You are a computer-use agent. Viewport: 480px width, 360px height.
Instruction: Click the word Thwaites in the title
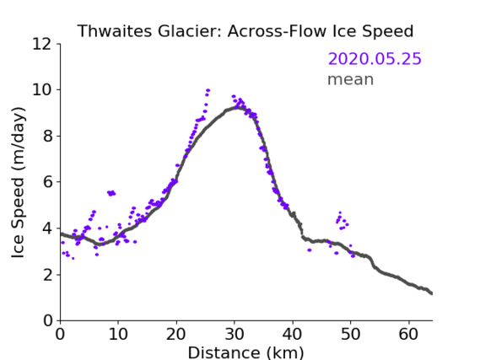[x=115, y=31]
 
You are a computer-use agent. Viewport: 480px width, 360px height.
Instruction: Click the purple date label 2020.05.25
[x=375, y=59]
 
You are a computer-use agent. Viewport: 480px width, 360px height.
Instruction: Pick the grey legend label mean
[x=351, y=79]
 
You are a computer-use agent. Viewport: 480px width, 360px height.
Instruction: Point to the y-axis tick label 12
[x=42, y=44]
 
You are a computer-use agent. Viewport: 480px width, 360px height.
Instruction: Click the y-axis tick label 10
[x=42, y=90]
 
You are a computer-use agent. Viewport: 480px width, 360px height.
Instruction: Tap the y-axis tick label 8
[x=47, y=136]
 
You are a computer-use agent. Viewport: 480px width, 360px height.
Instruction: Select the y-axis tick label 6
[x=47, y=182]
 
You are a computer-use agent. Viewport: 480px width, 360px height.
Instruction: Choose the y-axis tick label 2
[x=47, y=275]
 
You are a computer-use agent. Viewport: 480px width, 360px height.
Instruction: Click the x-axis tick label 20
[x=176, y=334]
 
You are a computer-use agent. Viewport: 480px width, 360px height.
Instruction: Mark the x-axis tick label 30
[x=235, y=334]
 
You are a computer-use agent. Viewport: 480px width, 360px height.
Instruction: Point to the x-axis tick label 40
[x=293, y=334]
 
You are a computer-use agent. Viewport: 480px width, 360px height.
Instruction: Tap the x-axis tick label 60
[x=408, y=334]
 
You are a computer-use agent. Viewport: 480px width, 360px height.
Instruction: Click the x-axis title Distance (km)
[x=245, y=352]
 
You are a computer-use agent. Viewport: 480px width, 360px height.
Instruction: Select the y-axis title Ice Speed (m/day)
[x=18, y=183]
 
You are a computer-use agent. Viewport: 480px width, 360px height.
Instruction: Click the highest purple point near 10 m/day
[x=208, y=90]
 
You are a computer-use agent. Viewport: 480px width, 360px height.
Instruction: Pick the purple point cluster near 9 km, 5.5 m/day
[x=111, y=193]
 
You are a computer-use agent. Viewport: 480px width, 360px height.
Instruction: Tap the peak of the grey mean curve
[x=236, y=107]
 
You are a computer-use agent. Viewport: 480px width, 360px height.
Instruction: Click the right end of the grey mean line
[x=431, y=293]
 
